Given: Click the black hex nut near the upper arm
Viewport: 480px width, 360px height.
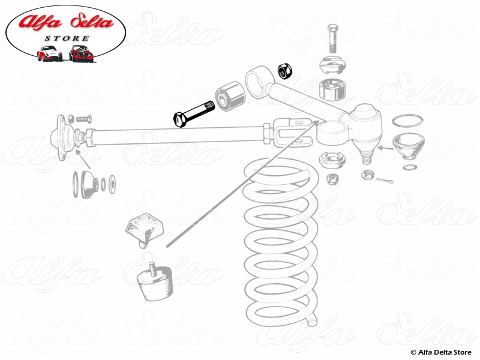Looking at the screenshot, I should [285, 71].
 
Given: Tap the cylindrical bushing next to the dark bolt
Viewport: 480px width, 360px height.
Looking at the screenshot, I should [230, 96].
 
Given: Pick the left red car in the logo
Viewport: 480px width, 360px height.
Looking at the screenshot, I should [49, 53].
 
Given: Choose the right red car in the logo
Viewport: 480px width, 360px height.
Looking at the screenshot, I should [80, 53].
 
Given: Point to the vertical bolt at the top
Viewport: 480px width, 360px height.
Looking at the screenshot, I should [334, 38].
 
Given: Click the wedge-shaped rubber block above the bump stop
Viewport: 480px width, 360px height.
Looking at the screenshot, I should [144, 230].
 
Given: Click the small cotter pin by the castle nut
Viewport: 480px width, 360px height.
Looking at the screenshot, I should [385, 179].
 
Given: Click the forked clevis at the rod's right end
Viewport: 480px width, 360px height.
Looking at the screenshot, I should [293, 133].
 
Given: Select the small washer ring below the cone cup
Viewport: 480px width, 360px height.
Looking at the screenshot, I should [410, 167].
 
